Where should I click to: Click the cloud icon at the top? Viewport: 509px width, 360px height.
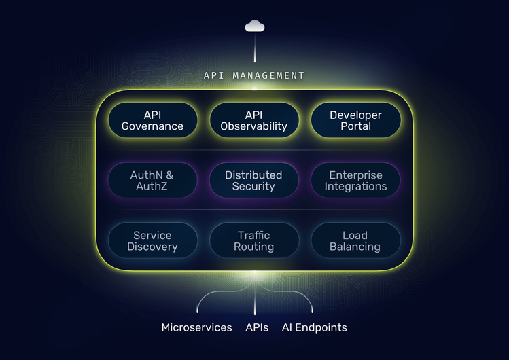pyautogui.click(x=255, y=26)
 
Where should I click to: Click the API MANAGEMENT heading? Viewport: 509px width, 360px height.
pyautogui.click(x=254, y=75)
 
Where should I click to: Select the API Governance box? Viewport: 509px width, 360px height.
pyautogui.click(x=152, y=120)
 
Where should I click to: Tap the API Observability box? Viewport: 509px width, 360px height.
pyautogui.click(x=254, y=120)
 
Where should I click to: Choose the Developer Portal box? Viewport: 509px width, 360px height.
pyautogui.click(x=355, y=120)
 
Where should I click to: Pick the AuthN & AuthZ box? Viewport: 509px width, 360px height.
pyautogui.click(x=152, y=181)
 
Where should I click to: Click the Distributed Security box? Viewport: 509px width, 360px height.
pyautogui.click(x=254, y=181)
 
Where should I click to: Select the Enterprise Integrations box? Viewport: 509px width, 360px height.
pyautogui.click(x=355, y=181)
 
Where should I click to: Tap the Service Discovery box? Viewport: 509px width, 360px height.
pyautogui.click(x=152, y=240)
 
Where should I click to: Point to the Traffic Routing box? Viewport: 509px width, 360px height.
pyautogui.click(x=254, y=240)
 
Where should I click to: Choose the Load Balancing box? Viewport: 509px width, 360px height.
pyautogui.click(x=355, y=240)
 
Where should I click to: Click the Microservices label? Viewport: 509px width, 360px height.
pyautogui.click(x=196, y=327)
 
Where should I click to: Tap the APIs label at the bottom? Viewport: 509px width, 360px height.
pyautogui.click(x=258, y=327)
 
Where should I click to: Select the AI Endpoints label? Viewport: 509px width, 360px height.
pyautogui.click(x=314, y=327)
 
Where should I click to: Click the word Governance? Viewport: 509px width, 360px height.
pyautogui.click(x=152, y=126)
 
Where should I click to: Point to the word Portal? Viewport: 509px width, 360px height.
pyautogui.click(x=355, y=126)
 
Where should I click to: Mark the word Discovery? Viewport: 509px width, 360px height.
pyautogui.click(x=152, y=247)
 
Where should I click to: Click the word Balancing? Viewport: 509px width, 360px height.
pyautogui.click(x=355, y=247)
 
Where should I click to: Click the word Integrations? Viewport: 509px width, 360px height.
pyautogui.click(x=355, y=187)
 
